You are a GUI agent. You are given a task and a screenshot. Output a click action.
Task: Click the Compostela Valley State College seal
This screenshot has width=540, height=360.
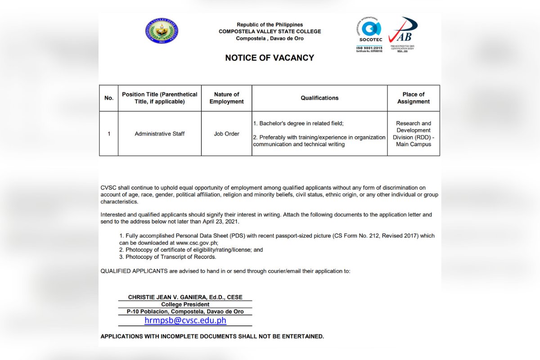[162, 31]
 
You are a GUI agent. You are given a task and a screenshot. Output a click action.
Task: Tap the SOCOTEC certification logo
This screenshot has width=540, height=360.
[369, 34]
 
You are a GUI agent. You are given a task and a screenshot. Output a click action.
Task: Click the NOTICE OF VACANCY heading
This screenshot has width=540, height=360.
[270, 58]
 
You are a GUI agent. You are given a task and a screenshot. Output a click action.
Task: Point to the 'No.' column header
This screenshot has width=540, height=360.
[109, 98]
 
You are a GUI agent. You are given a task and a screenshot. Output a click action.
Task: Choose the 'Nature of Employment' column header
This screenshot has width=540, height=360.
[226, 98]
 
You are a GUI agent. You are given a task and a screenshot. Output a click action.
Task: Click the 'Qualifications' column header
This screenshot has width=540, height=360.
[319, 98]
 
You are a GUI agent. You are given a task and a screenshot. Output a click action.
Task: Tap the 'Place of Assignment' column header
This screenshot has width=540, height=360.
[414, 98]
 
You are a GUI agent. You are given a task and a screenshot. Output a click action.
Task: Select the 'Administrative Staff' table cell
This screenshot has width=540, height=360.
[160, 134]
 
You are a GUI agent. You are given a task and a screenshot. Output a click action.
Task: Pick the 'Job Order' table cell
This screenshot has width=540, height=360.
[226, 134]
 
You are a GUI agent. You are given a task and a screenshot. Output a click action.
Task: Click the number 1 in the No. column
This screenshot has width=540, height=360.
[109, 134]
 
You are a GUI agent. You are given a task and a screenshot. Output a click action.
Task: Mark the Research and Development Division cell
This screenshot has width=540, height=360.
[414, 134]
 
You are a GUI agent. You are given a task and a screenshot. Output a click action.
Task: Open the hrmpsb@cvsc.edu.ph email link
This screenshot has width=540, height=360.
[185, 320]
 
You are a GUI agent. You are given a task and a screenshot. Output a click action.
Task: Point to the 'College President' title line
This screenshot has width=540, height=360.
[185, 305]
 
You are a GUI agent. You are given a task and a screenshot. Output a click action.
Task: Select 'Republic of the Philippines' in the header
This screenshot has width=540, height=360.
[270, 25]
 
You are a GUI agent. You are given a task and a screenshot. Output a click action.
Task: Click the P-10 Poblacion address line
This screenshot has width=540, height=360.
[185, 312]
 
